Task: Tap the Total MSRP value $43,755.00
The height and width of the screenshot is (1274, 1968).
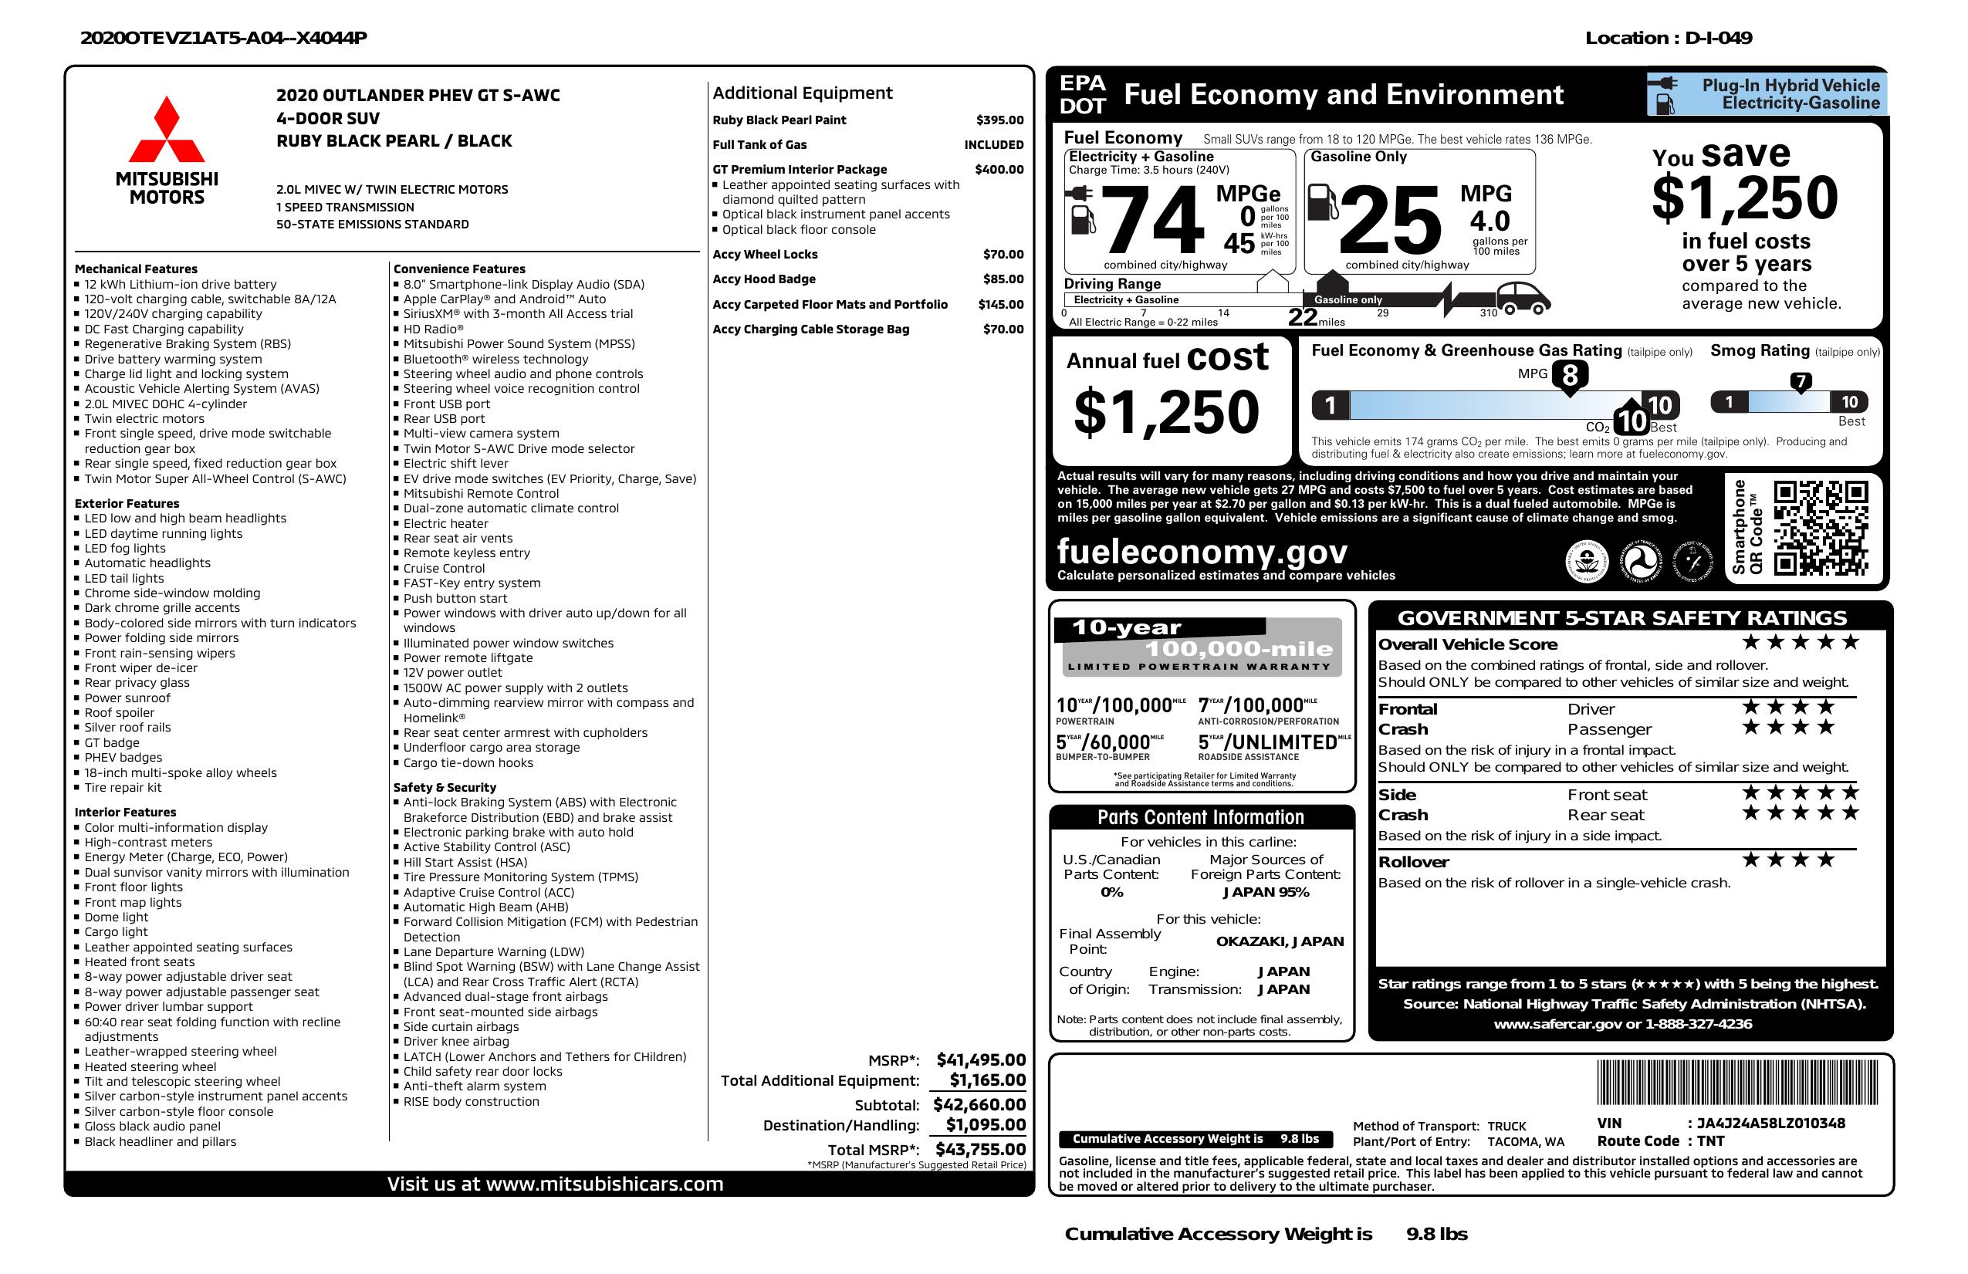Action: [980, 1149]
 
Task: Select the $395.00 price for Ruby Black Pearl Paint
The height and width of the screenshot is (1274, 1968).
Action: [999, 120]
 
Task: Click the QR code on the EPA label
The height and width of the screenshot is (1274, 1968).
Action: [1821, 528]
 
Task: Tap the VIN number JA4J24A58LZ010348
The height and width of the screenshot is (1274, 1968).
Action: [1771, 1123]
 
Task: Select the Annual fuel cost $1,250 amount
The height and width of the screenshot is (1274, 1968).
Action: [1166, 412]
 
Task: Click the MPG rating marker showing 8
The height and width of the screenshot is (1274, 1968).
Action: [1570, 375]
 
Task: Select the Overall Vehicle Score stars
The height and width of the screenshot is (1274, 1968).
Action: [1800, 642]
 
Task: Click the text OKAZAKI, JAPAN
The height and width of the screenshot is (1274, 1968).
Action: [1280, 941]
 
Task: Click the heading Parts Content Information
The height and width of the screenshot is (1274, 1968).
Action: [1201, 818]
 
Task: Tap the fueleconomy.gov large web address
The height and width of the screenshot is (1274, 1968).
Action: [1202, 551]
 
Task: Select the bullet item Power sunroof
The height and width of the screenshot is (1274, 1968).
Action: [127, 698]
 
